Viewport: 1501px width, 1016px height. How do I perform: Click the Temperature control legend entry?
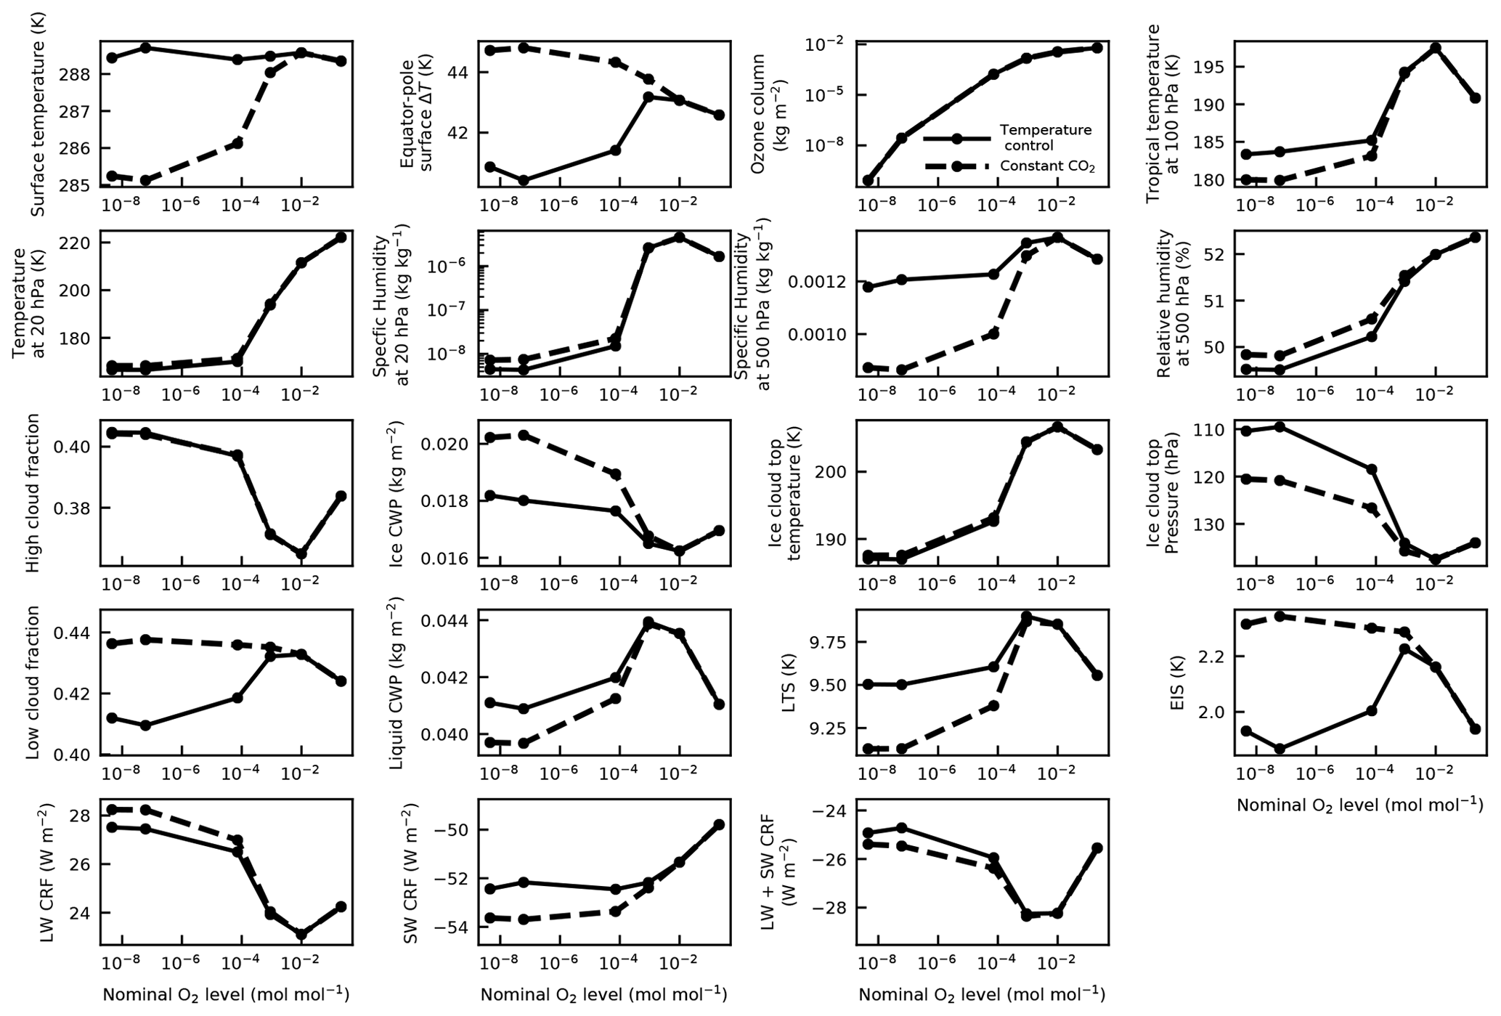1045,137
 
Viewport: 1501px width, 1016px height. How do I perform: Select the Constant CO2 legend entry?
1046,166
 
